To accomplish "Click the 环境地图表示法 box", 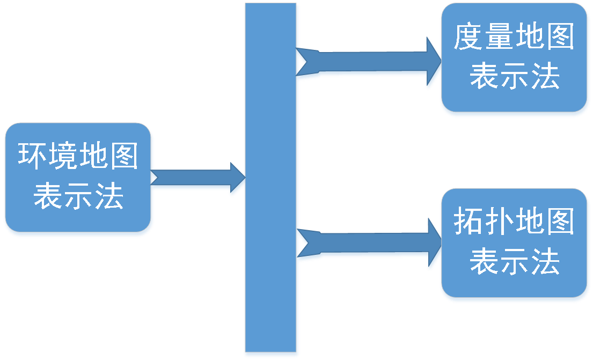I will pos(78,177).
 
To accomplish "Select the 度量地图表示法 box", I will pos(514,58).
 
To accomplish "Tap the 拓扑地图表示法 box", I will pos(514,244).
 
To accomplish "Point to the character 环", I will pos(33,157).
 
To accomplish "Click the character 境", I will pos(63,157).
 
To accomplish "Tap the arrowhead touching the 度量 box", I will pos(433,63).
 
